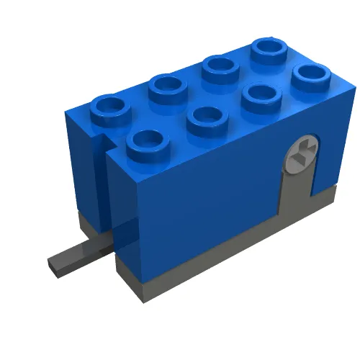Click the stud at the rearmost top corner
pyautogui.click(x=269, y=48)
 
